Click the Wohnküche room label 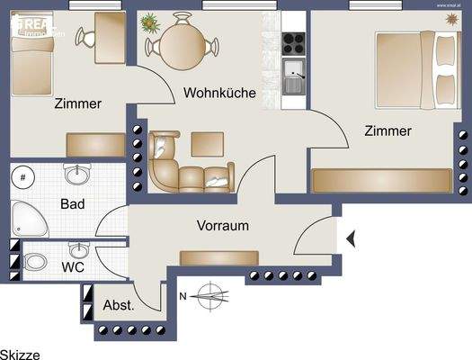tap(219, 93)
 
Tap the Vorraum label tap(222, 226)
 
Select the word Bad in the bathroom tap(72, 204)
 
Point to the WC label tap(74, 267)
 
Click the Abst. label tap(119, 305)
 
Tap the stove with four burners tap(294, 41)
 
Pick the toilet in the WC tap(36, 263)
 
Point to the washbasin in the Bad tap(76, 174)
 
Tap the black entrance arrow tap(352, 238)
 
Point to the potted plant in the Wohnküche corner tap(149, 22)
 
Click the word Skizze tap(20, 355)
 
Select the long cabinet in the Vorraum tap(218, 258)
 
